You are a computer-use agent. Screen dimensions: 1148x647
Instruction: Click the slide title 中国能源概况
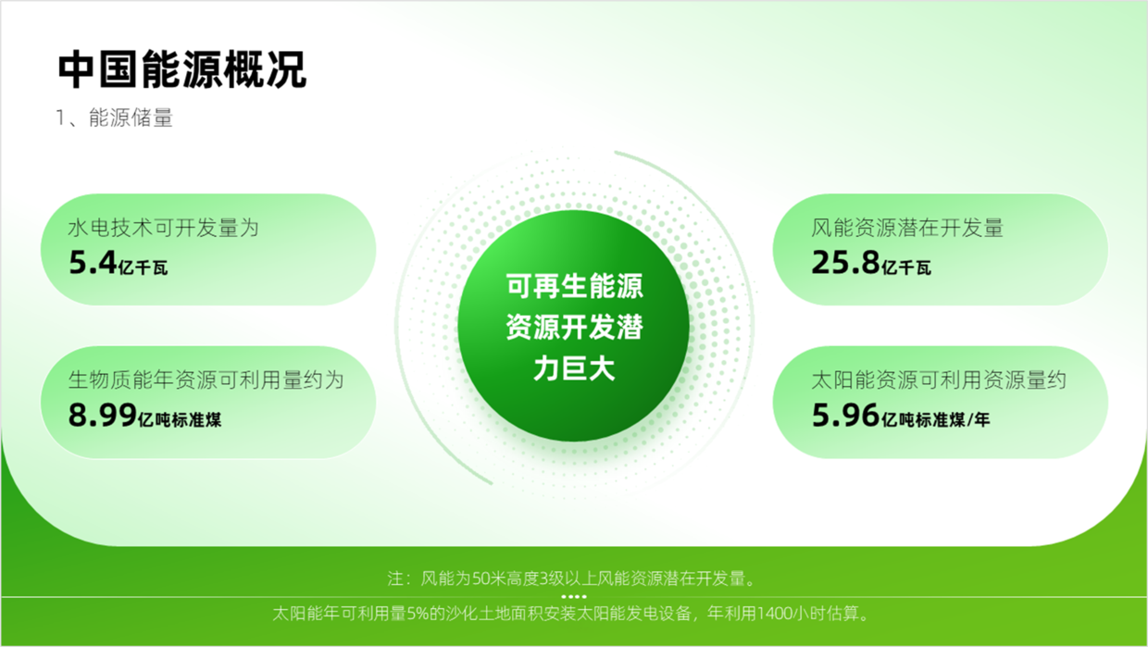point(182,69)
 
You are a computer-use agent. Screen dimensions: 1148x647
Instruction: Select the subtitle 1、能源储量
point(114,118)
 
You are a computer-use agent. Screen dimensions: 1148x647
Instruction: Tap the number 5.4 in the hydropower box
point(93,262)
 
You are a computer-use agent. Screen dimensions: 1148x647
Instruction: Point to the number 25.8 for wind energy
point(845,262)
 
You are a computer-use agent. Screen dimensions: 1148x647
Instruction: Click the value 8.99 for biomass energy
point(103,415)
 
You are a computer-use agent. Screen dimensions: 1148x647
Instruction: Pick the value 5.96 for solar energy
point(845,415)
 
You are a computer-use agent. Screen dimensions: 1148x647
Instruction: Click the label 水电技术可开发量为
point(163,228)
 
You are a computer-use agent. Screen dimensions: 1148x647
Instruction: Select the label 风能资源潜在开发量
point(907,228)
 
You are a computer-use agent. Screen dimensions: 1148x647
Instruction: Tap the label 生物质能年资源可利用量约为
point(206,380)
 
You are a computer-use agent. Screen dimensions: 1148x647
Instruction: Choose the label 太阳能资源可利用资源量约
point(939,380)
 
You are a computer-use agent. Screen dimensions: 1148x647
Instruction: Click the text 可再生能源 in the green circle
point(574,286)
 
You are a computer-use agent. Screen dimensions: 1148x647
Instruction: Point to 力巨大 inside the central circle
point(574,368)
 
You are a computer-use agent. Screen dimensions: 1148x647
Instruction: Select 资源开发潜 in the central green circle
point(574,327)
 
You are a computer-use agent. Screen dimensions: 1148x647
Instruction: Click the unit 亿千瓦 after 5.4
point(143,268)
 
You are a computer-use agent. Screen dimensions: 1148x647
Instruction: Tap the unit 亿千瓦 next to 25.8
point(906,268)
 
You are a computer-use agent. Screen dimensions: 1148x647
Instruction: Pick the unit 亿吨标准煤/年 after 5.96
point(936,420)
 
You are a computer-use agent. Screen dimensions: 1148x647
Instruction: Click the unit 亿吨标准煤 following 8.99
point(180,420)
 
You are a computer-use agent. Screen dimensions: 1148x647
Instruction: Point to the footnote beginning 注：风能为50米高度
point(571,579)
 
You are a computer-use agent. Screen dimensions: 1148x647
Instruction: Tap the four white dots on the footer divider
point(574,596)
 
